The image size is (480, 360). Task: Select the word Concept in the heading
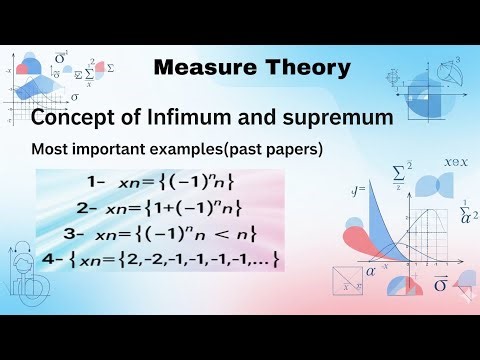[73, 119]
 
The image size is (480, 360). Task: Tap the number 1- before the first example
[96, 183]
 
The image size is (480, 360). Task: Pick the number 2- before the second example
[86, 208]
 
